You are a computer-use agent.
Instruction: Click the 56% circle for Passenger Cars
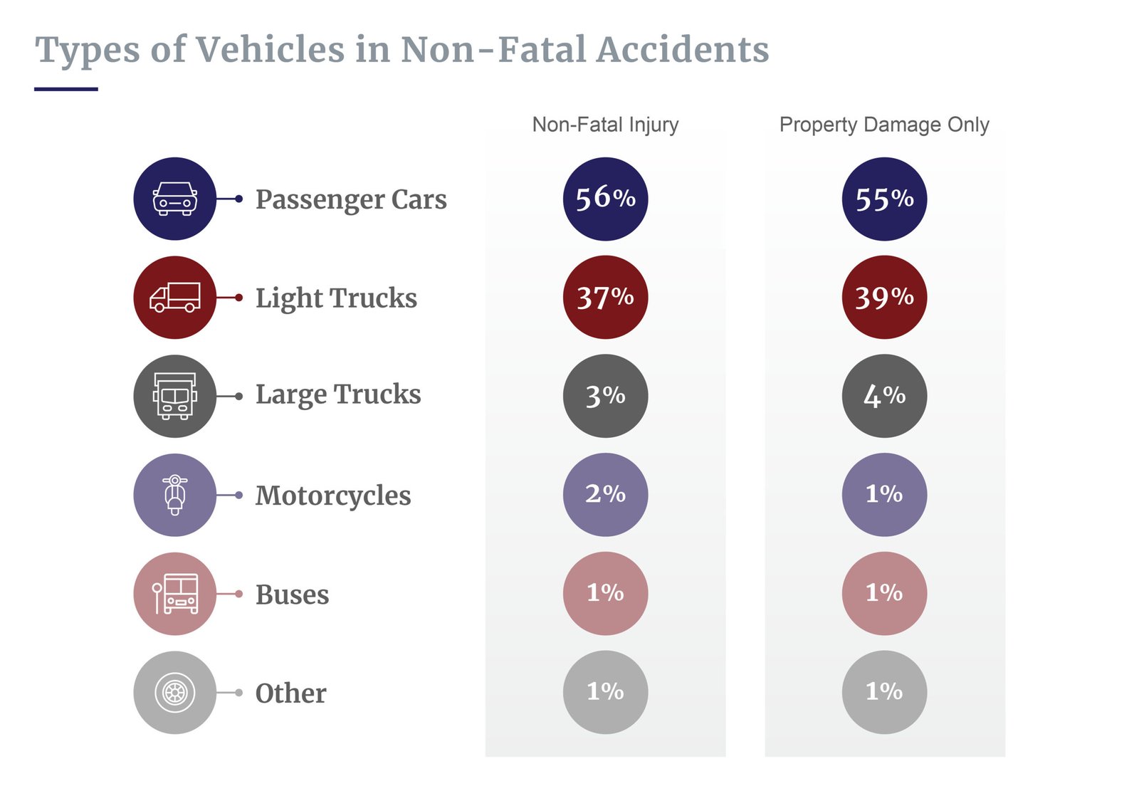(x=605, y=199)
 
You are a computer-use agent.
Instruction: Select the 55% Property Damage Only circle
(x=884, y=199)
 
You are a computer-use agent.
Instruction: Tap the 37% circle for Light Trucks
(x=605, y=297)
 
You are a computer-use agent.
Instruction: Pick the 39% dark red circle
(x=884, y=297)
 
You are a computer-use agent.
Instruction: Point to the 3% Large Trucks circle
(x=605, y=396)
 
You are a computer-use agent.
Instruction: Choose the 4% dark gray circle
(x=884, y=396)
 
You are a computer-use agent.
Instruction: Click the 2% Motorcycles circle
(x=605, y=494)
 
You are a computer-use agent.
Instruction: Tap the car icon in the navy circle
(x=174, y=199)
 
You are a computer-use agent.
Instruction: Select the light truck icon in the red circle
(x=174, y=297)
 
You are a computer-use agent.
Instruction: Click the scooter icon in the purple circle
(x=174, y=494)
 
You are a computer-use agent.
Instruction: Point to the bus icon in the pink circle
(x=174, y=593)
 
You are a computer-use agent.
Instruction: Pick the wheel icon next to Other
(x=174, y=692)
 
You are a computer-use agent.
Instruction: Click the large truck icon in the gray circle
(x=174, y=396)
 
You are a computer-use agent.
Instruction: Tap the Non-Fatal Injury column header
(x=605, y=125)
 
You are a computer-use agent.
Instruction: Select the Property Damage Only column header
(x=884, y=125)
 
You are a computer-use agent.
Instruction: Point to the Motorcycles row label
(x=333, y=496)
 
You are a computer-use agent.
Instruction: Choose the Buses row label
(x=292, y=594)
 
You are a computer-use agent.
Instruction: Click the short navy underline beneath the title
(x=65, y=89)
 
